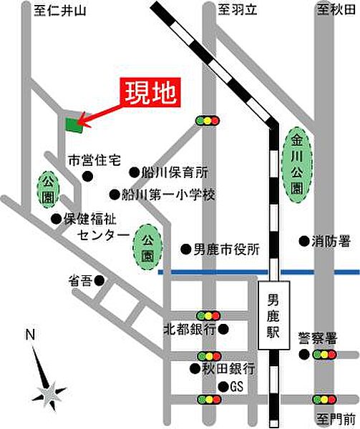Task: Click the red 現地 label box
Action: (x=150, y=92)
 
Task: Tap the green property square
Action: (x=74, y=125)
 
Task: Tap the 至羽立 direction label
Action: (x=233, y=9)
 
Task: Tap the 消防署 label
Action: (x=330, y=242)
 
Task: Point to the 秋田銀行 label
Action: (x=227, y=369)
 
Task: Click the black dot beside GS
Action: (x=223, y=387)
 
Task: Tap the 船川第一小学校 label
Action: (x=169, y=194)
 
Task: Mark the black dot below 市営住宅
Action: (x=87, y=176)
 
